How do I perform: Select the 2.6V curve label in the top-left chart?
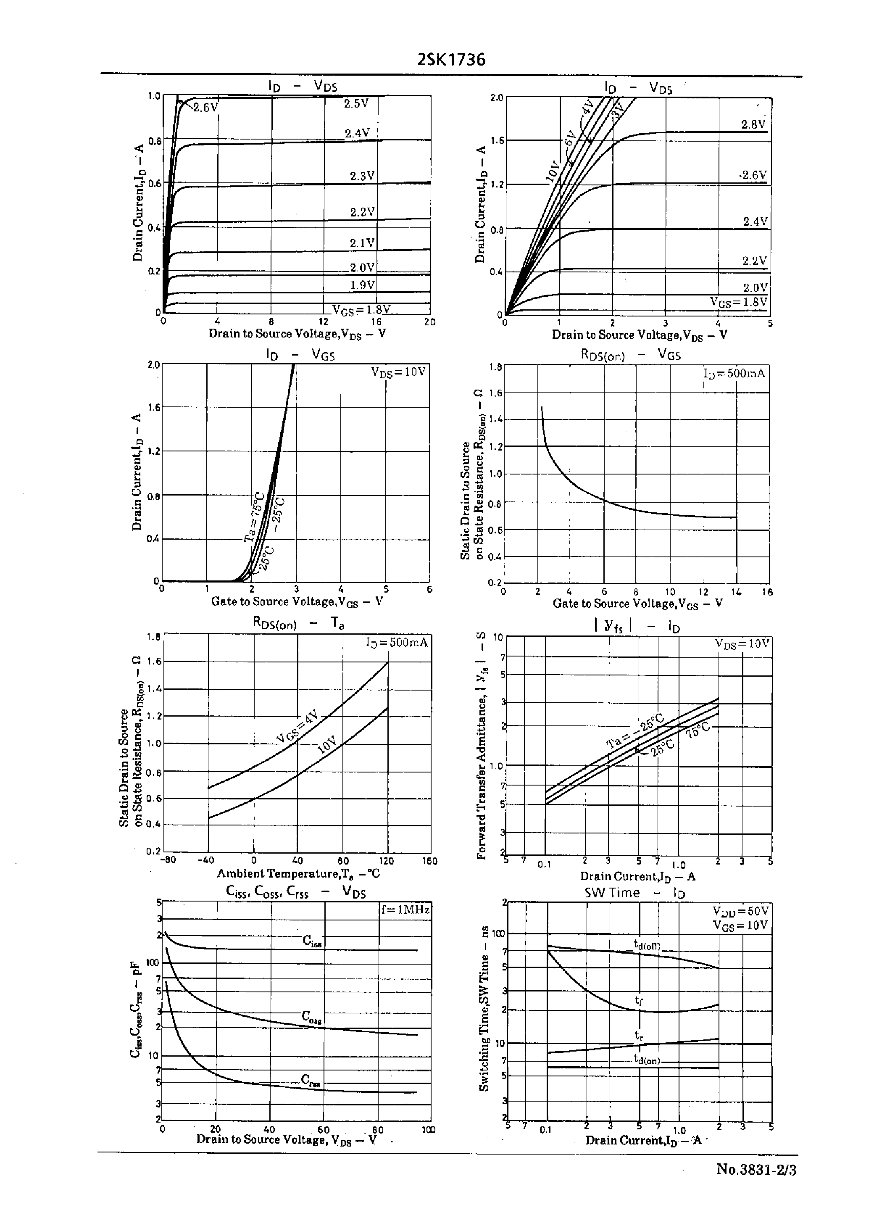[x=205, y=107]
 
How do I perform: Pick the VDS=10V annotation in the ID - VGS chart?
[x=398, y=372]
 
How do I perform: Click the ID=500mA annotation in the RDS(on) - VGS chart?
[x=734, y=373]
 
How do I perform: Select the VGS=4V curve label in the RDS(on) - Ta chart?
[x=297, y=727]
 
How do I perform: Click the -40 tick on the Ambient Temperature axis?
[x=206, y=860]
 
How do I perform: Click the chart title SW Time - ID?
[x=634, y=892]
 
